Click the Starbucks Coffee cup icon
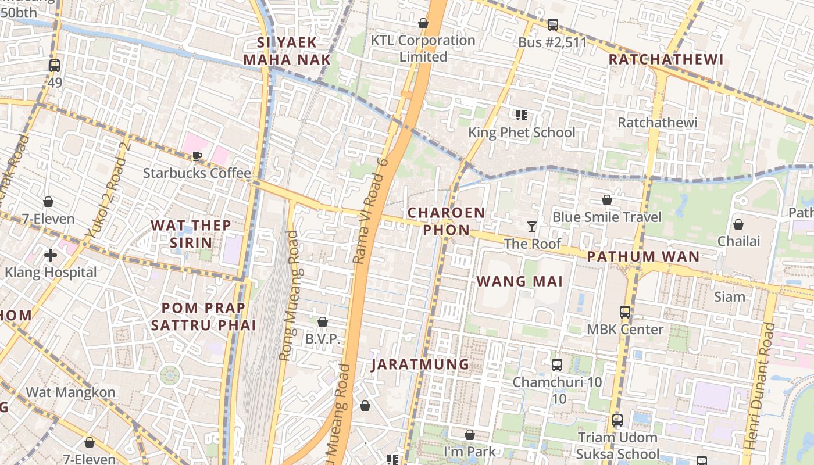tap(197, 156)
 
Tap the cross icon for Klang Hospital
tap(51, 255)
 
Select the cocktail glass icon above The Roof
tap(531, 226)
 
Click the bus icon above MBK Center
tap(625, 312)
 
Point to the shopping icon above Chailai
tap(738, 224)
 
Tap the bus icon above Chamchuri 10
tap(557, 365)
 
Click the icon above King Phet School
tap(522, 115)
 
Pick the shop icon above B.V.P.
tap(323, 321)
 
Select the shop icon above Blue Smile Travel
tap(607, 200)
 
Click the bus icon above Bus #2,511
tap(552, 25)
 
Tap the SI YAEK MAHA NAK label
tap(287, 51)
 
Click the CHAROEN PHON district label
tap(446, 221)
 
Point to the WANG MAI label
tap(519, 281)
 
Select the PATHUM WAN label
tap(643, 256)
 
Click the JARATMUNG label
tap(420, 364)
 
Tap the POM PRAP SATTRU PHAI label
tap(203, 316)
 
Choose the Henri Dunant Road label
tap(759, 386)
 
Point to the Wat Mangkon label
tap(70, 392)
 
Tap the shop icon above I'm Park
tap(470, 435)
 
